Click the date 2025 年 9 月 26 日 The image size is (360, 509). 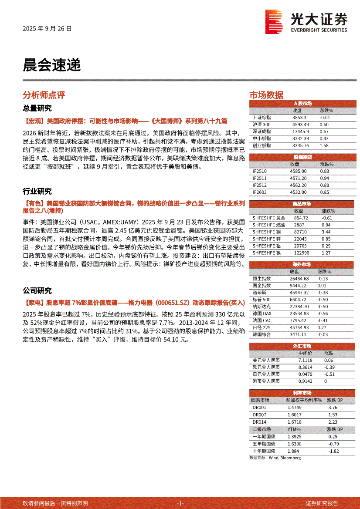pyautogui.click(x=47, y=29)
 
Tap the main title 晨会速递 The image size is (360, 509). pyautogui.click(x=51, y=65)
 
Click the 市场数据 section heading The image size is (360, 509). pyautogui.click(x=266, y=95)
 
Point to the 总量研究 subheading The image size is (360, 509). pyautogui.click(x=37, y=108)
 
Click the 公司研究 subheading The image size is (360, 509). pyautogui.click(x=37, y=290)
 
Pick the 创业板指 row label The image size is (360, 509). pyautogui.click(x=262, y=145)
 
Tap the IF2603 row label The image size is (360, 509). pyautogui.click(x=260, y=192)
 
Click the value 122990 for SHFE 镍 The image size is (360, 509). pyautogui.click(x=301, y=253)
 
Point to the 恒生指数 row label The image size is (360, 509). pyautogui.click(x=262, y=279)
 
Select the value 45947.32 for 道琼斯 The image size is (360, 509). pyautogui.click(x=299, y=293)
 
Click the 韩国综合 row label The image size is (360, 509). pyautogui.click(x=262, y=334)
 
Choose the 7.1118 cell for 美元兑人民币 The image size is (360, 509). pyautogui.click(x=305, y=361)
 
